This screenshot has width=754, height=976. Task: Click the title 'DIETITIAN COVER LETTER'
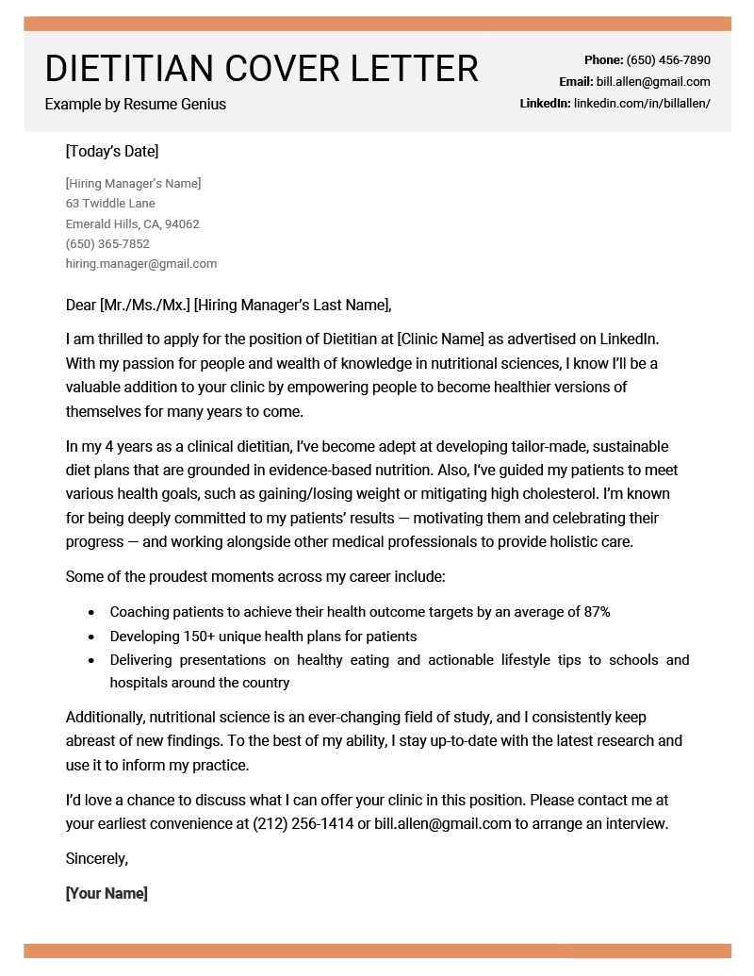click(x=261, y=69)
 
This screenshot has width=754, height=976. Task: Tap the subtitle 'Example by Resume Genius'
click(x=135, y=105)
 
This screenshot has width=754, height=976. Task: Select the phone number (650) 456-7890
click(x=668, y=60)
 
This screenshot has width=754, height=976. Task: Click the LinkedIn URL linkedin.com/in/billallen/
click(x=642, y=104)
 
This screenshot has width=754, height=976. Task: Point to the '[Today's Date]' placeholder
click(x=112, y=151)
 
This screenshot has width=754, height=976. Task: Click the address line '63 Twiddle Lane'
click(x=110, y=204)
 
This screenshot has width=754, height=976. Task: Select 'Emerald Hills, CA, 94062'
click(x=132, y=224)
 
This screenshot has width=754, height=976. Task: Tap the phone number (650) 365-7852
click(x=107, y=244)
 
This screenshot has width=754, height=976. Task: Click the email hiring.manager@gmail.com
click(x=141, y=264)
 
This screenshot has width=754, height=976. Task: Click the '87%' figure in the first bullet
click(x=597, y=612)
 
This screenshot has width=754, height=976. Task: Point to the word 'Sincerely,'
click(x=96, y=858)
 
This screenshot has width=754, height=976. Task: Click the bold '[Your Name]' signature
click(x=107, y=893)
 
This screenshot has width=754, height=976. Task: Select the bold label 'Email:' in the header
click(x=576, y=82)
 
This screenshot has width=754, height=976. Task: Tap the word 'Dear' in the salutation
click(x=80, y=305)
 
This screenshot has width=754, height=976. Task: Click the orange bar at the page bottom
click(x=377, y=951)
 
